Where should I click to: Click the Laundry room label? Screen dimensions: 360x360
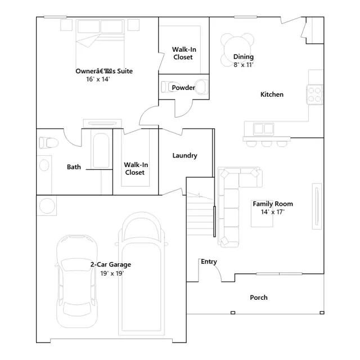point(185,156)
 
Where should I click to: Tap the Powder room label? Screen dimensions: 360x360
point(183,88)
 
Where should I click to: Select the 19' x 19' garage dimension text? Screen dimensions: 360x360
point(112,273)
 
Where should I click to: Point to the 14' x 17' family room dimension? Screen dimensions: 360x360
point(272,212)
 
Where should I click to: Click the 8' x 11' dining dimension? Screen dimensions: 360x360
point(244,65)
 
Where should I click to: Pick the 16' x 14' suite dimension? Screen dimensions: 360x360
point(98,79)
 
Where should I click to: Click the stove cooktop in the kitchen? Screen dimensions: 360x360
point(314,94)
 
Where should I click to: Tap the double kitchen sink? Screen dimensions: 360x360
point(264,129)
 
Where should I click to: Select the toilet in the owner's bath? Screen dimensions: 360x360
point(49,143)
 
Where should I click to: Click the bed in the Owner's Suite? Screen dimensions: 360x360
point(100,44)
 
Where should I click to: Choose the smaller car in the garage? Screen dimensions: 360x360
point(77,281)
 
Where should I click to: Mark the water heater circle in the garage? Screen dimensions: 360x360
point(47,206)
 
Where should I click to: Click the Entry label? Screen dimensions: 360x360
point(209,262)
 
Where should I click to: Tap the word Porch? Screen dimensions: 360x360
point(259,298)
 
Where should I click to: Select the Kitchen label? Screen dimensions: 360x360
point(272,94)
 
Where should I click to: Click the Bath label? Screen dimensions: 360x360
point(74,167)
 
